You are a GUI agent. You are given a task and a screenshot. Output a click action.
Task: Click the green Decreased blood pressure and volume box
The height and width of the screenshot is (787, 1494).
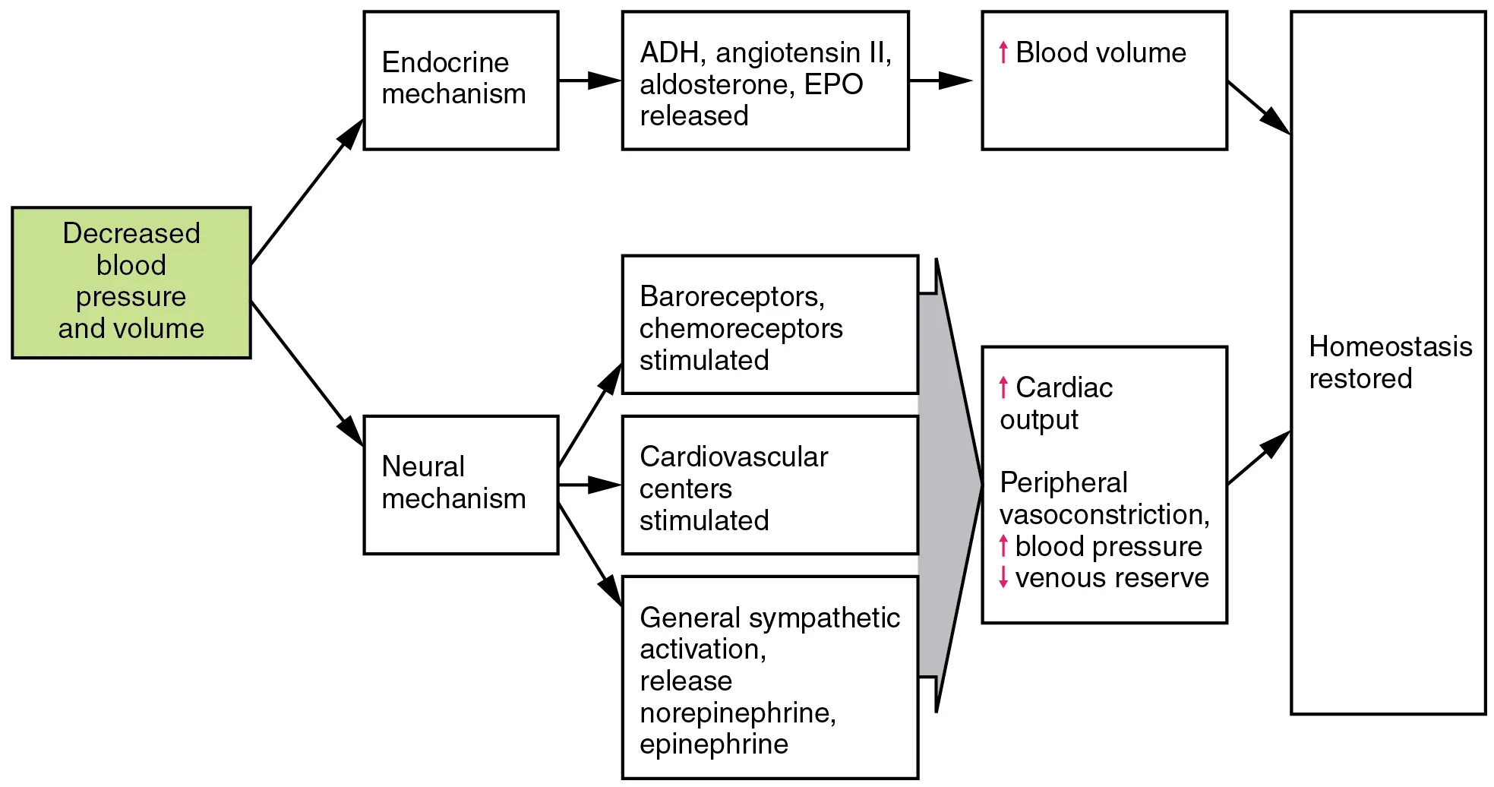pos(131,282)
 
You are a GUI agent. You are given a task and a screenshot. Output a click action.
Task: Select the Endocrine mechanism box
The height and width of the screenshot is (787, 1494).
pos(460,80)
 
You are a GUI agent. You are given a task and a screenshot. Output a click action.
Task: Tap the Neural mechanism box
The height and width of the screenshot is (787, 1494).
pos(460,484)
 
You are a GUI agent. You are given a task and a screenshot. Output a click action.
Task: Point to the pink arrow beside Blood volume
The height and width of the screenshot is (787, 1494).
pos(1003,52)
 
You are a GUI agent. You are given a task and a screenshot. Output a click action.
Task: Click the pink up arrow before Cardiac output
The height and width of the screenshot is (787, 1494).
pos(1003,387)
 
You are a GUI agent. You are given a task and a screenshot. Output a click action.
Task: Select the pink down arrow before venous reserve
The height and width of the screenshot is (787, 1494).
pos(1003,577)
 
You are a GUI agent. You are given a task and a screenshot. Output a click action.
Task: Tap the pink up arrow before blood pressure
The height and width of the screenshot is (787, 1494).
pos(1003,545)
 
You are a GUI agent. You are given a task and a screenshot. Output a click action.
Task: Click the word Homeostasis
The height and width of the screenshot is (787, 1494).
pos(1390,347)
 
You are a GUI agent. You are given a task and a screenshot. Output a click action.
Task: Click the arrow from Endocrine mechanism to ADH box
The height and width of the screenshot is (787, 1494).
pos(590,80)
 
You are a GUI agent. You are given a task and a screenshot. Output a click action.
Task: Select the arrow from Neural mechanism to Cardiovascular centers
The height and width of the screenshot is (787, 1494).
pos(590,485)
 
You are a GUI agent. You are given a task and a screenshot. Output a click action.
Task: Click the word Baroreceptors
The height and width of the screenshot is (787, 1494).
pos(731,297)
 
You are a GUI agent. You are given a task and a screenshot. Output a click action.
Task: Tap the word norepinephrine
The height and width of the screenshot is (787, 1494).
pos(737,713)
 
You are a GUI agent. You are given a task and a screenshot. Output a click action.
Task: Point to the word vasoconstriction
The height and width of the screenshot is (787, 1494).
pos(1103,514)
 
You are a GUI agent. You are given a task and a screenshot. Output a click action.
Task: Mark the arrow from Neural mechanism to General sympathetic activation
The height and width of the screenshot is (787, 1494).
pos(590,555)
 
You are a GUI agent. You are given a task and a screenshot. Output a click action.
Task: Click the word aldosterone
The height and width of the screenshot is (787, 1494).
pos(716,84)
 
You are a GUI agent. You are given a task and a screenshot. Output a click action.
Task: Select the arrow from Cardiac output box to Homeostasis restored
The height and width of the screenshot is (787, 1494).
pos(1259,458)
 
